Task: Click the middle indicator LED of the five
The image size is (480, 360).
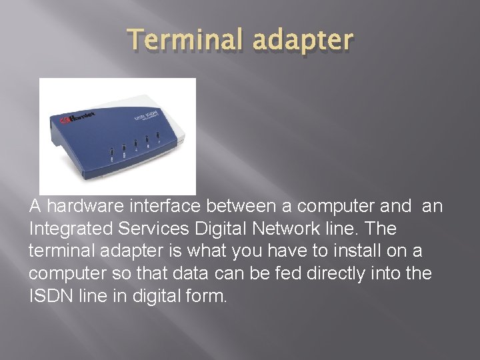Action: pyautogui.click(x=135, y=144)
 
